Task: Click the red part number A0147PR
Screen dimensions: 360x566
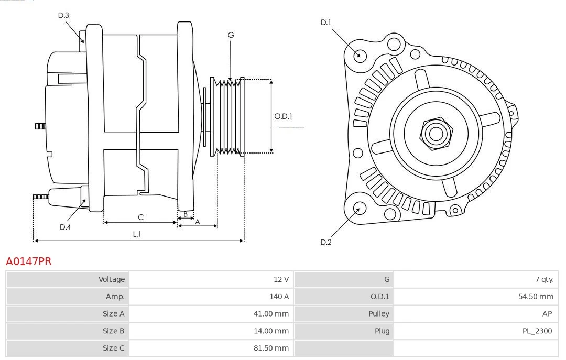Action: [x=29, y=261]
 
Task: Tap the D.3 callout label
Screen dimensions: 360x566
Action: [x=63, y=16]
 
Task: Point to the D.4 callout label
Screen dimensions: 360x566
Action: [x=65, y=227]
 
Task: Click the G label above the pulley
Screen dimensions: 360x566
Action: [x=231, y=35]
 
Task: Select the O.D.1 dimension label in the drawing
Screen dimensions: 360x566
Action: [x=283, y=116]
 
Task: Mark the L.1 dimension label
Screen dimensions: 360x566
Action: [x=137, y=234]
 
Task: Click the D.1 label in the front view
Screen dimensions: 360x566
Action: [x=326, y=22]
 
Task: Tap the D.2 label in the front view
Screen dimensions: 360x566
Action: [x=326, y=242]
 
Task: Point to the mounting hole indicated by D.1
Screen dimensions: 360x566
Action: [x=360, y=54]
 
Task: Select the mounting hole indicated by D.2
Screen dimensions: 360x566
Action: [x=359, y=209]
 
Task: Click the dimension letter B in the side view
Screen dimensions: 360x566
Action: [x=185, y=214]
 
